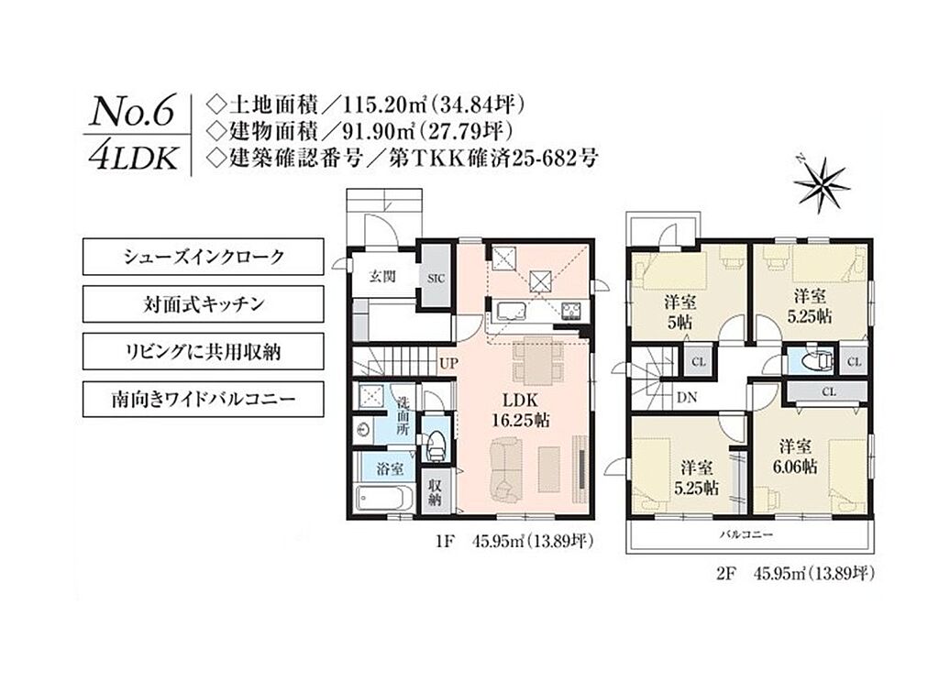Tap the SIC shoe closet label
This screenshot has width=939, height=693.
tap(436, 279)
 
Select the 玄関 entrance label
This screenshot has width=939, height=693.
tap(382, 276)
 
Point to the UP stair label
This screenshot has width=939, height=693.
tap(448, 363)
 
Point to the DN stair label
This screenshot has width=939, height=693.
tap(686, 397)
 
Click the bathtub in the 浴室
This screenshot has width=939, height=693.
tap(384, 498)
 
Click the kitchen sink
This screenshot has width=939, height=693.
tap(512, 311)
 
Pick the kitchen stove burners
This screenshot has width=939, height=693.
tap(570, 310)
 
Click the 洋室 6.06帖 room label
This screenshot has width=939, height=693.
tap(796, 456)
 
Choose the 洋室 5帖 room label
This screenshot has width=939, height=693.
tap(679, 312)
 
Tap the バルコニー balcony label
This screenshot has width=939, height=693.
tap(746, 534)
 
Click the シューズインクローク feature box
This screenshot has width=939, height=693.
tap(203, 257)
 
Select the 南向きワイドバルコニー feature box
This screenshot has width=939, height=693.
tap(203, 399)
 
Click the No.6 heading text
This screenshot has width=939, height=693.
tap(132, 112)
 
